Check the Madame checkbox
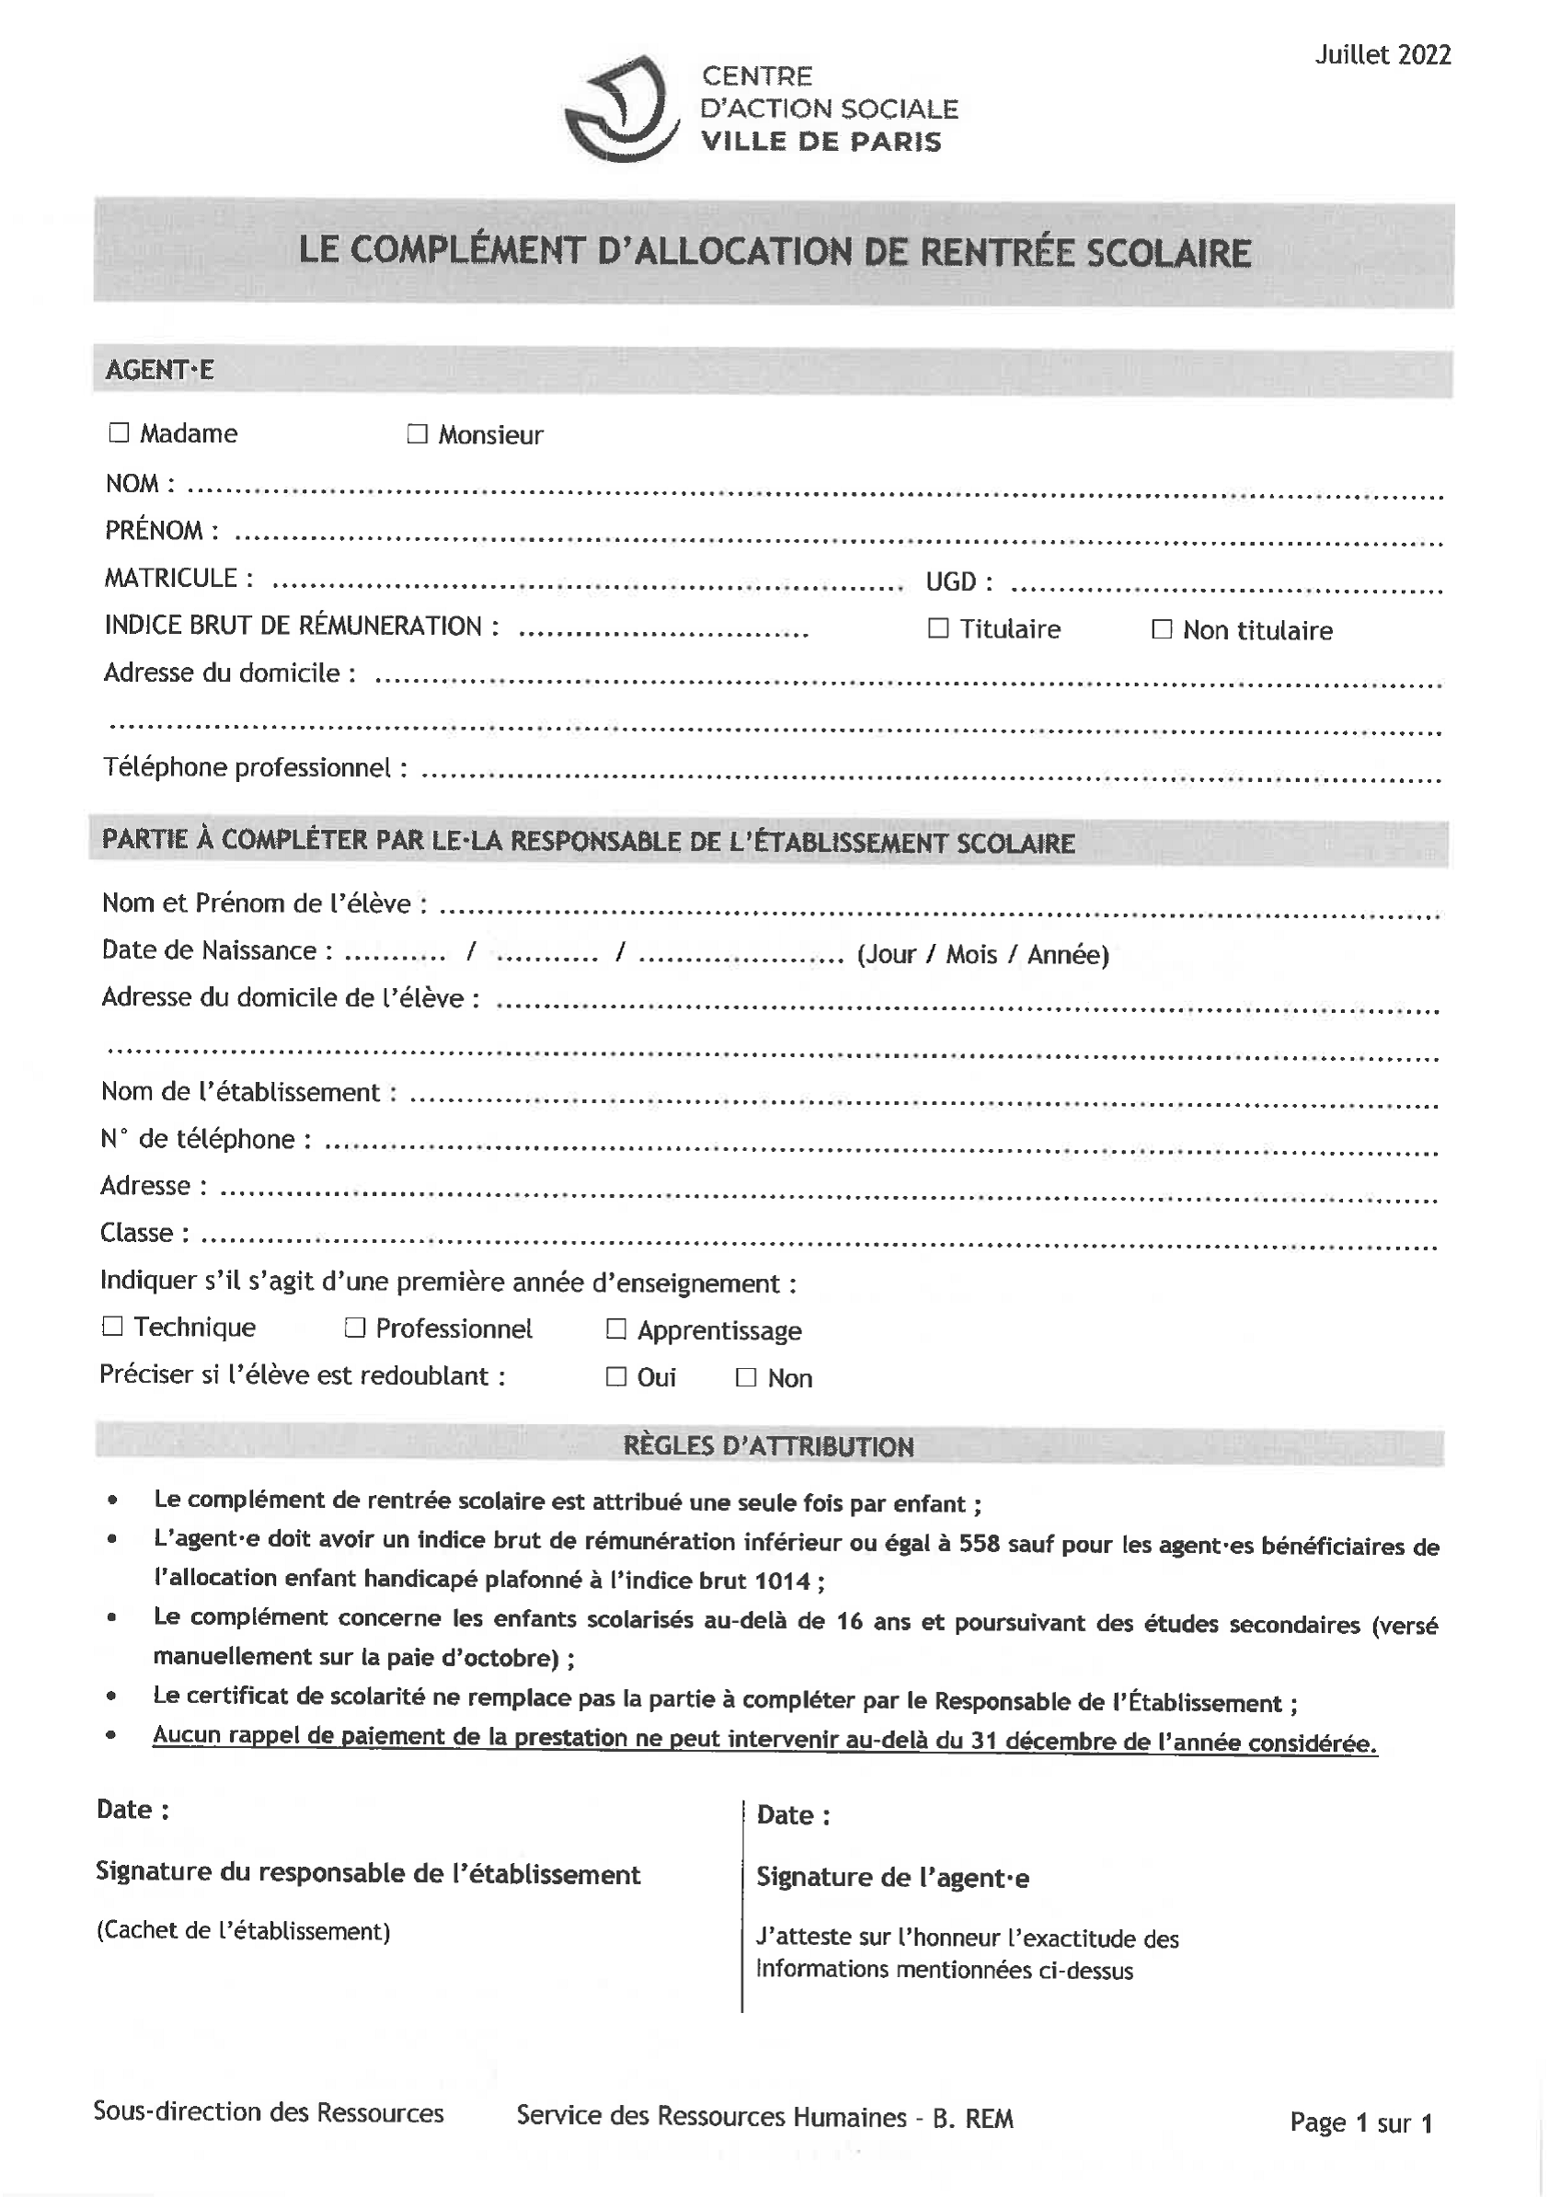point(119,432)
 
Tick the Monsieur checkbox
point(418,434)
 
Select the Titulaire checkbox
point(938,627)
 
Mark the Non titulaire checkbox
point(1162,628)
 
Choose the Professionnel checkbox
point(355,1328)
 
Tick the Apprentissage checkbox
point(616,1329)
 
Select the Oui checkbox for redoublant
point(616,1376)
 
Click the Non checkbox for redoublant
point(746,1377)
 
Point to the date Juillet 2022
point(1383,55)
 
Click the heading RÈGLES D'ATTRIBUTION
point(768,1446)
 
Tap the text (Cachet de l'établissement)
point(243,1930)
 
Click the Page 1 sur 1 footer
point(1360,2122)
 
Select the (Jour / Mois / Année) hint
point(982,955)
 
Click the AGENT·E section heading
point(160,371)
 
